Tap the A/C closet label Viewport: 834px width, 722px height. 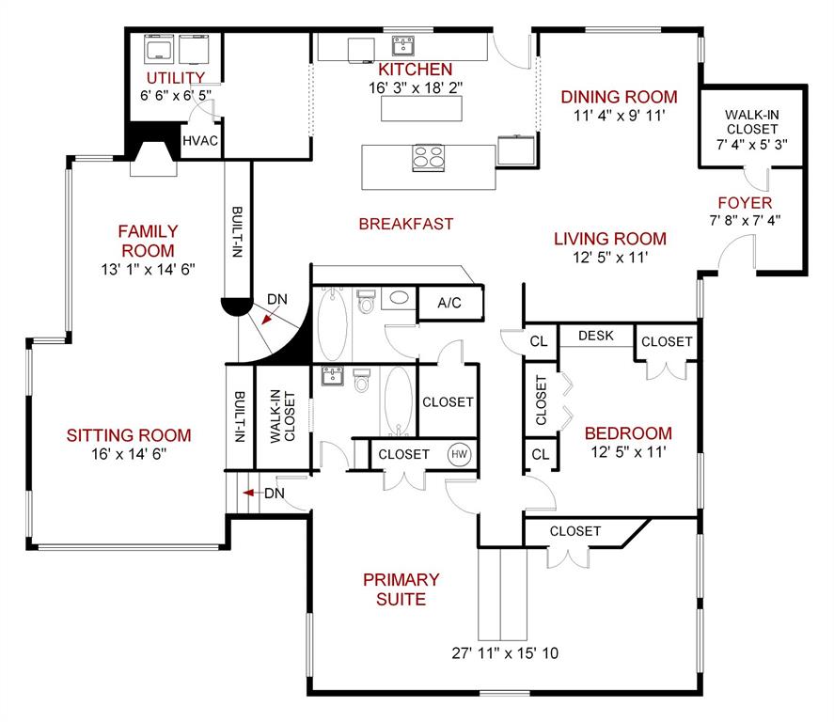coord(448,303)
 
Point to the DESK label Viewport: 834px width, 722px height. coord(596,335)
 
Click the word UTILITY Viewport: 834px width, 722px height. coord(175,77)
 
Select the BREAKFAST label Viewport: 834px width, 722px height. coord(406,224)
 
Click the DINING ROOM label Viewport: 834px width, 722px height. coord(619,97)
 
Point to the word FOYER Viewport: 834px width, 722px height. coord(745,203)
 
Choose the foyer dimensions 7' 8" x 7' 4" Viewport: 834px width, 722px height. coord(744,221)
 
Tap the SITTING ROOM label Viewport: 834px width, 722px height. coord(129,435)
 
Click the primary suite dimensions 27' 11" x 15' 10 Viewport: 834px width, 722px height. coord(506,652)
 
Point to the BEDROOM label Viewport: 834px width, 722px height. coord(628,433)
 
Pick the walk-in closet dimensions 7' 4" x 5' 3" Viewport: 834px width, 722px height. coord(751,146)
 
